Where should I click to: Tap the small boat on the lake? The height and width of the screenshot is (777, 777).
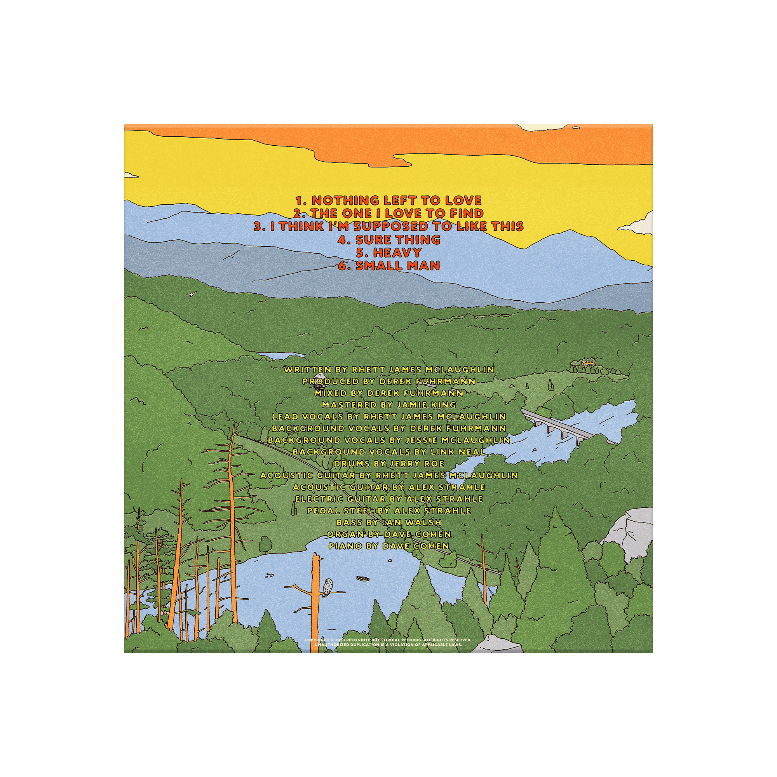tap(363, 579)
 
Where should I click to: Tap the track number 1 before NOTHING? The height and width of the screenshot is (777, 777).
tap(300, 200)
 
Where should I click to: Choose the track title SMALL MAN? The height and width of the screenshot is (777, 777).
tap(398, 265)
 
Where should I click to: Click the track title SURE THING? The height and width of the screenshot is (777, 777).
tap(398, 240)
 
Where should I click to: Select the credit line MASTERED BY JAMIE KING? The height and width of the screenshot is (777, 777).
tap(389, 404)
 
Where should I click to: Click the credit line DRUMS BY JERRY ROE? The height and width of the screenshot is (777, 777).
tap(389, 464)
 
